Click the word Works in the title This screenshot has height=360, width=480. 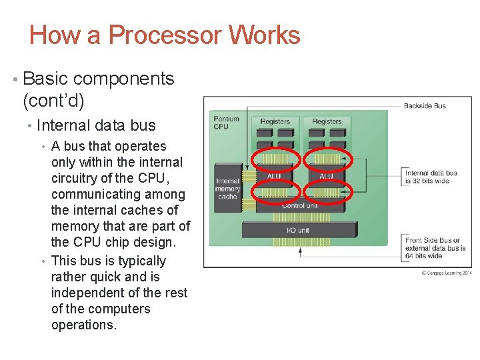coord(265,35)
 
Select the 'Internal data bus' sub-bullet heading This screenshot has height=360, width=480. coord(96,125)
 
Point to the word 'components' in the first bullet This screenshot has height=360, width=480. coord(123,79)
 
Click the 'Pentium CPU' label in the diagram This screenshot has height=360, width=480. coord(222,123)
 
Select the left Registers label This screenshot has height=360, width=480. coord(275,121)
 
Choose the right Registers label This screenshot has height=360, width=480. coord(327,121)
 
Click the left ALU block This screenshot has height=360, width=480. coord(274,176)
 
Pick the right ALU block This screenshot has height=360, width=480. coord(326,176)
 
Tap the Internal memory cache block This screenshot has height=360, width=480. coord(227,188)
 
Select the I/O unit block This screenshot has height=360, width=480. coord(298,230)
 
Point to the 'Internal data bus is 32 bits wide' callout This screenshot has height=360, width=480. coord(431,177)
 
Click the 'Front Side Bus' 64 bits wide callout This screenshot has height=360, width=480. coord(435,248)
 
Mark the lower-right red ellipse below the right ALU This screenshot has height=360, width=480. coord(326,192)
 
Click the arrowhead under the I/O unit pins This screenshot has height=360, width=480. coord(301,251)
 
